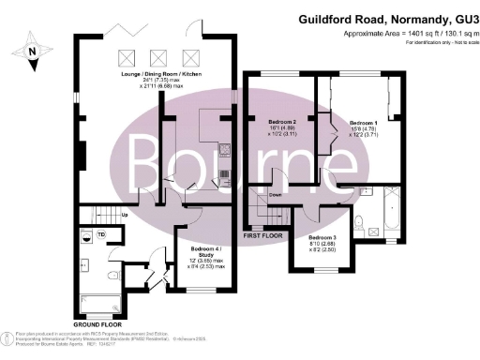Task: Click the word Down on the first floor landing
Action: [277, 196]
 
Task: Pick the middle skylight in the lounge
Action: [161, 55]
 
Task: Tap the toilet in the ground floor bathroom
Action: [112, 275]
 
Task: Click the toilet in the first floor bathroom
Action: [361, 221]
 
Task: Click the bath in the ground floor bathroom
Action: [97, 303]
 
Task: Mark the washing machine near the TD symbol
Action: [85, 236]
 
